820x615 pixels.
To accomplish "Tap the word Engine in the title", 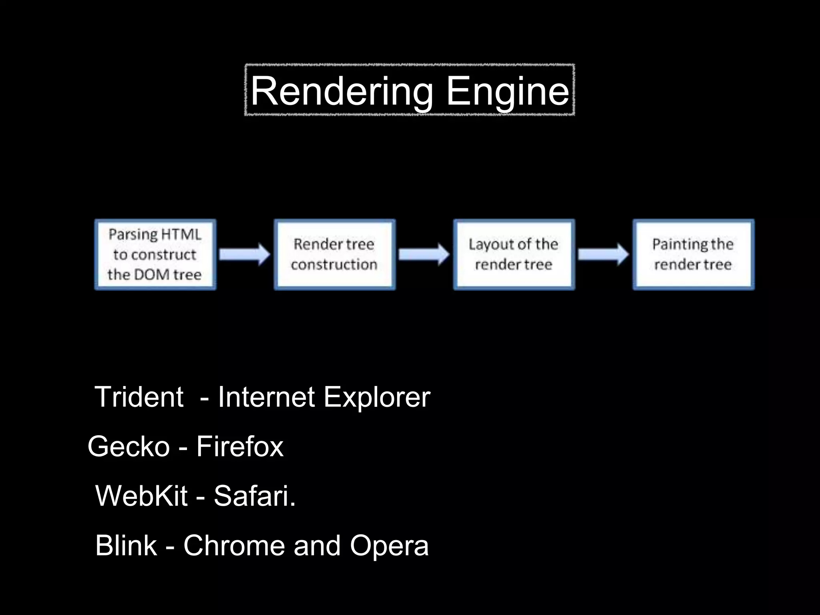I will click(507, 92).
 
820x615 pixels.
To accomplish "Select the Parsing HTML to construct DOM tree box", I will click(155, 255).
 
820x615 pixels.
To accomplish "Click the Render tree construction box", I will click(334, 255).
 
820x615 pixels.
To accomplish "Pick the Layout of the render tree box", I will click(514, 255).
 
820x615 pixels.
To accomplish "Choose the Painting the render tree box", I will click(693, 255).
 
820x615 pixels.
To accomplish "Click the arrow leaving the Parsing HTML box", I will click(245, 254).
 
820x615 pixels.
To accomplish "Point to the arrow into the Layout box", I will click(424, 254).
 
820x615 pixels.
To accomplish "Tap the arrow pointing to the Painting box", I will click(603, 254).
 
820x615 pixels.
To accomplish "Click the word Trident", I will click(139, 397).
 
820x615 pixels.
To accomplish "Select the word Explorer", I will click(376, 397).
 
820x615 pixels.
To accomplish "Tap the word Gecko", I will click(129, 446).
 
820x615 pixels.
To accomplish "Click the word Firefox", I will click(240, 446).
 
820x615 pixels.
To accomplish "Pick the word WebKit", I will click(141, 496).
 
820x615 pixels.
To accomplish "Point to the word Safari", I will click(254, 496).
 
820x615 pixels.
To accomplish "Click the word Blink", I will click(126, 545).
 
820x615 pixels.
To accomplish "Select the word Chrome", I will click(234, 545).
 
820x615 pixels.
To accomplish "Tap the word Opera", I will click(389, 546).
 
